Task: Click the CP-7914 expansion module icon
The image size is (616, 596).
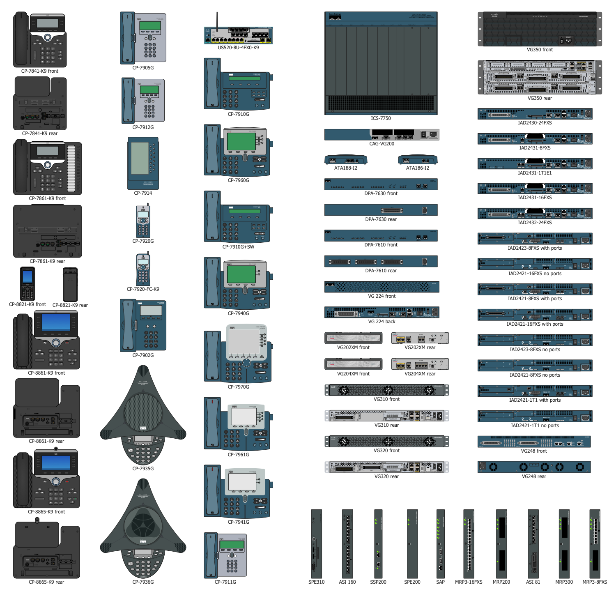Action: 143,163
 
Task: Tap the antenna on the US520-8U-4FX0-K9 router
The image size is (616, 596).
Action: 217,21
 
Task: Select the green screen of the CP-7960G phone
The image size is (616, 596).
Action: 241,141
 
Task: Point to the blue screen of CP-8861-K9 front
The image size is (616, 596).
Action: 56,322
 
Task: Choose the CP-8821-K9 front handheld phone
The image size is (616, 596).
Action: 28,284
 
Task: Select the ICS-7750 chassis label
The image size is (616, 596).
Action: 381,118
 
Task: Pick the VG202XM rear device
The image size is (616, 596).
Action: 420,338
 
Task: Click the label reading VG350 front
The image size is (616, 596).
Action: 540,50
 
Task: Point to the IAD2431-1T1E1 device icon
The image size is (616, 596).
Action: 535,163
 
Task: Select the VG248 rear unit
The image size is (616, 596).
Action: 534,467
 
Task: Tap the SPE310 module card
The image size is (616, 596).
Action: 316,544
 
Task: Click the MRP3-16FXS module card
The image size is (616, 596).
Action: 469,544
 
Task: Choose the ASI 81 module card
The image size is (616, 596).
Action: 533,544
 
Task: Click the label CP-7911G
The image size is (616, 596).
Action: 225,582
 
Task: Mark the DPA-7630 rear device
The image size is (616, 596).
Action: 381,210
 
